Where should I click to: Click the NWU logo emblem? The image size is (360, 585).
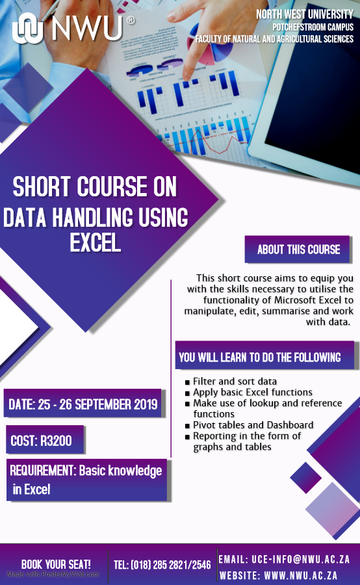coord(28,28)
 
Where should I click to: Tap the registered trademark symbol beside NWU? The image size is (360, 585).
coord(131,21)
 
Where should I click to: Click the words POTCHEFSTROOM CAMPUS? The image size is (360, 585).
coord(313,27)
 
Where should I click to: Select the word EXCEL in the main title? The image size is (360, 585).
coord(96,243)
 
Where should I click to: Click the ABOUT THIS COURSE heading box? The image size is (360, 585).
coord(298,249)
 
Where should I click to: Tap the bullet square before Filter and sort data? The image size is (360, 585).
coord(187,382)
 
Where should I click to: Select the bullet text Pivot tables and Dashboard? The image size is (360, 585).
coord(253,425)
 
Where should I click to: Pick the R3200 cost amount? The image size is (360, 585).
coord(56,441)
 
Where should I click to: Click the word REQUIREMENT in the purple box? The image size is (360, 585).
coord(42,470)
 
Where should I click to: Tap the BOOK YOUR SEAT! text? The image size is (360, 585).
coord(56,564)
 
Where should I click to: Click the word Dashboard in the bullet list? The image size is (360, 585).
coord(290,425)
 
